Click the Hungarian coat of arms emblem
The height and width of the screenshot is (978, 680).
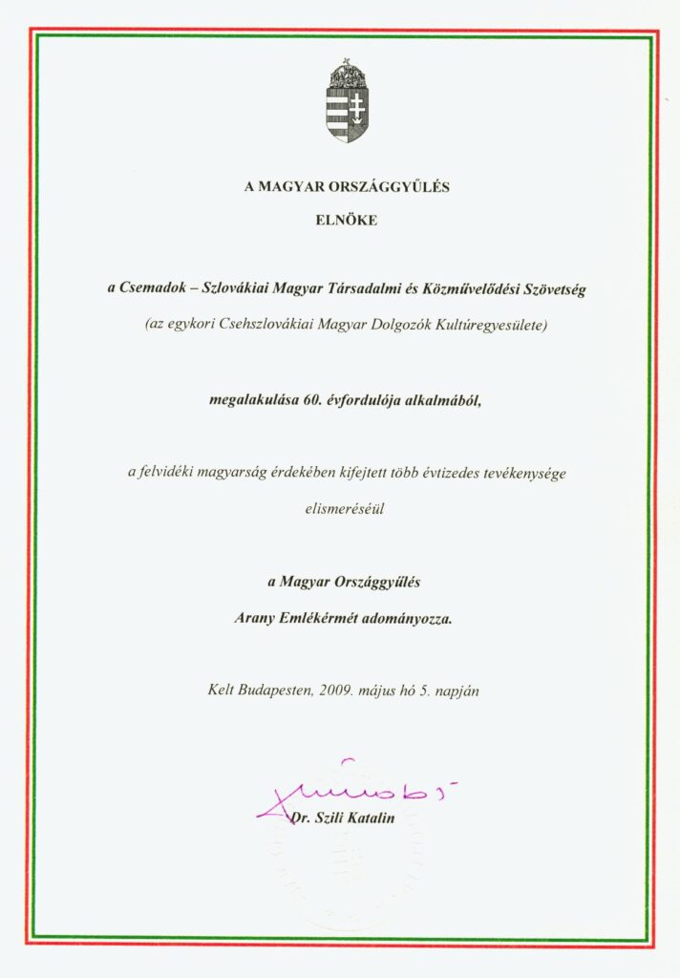tap(347, 100)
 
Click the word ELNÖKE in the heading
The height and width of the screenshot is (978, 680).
tap(347, 220)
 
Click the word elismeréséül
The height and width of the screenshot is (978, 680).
tap(347, 509)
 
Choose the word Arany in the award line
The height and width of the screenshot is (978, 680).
tap(255, 617)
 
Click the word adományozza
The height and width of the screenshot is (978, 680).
tap(413, 617)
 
